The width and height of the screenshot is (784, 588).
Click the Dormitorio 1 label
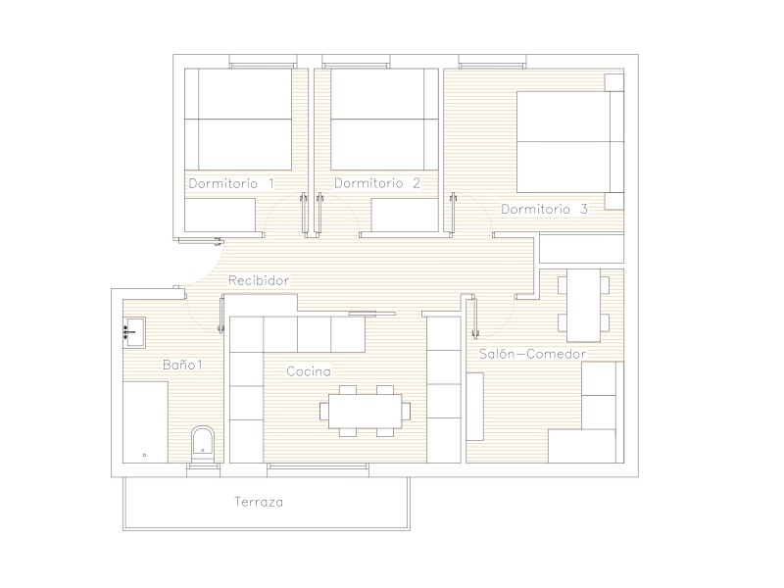tap(231, 183)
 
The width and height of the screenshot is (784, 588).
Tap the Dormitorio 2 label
tap(377, 183)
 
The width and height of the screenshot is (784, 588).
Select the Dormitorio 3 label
tap(545, 209)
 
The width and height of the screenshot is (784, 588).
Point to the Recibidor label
tap(259, 280)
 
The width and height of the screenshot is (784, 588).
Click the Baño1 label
tap(182, 365)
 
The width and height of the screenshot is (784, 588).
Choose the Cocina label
tap(309, 371)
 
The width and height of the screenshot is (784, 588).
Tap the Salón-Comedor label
tap(532, 354)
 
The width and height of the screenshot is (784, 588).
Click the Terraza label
tap(259, 502)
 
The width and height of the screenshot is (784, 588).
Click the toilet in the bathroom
tap(203, 444)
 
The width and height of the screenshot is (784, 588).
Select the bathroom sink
tap(134, 332)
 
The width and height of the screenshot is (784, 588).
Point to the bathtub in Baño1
tap(145, 422)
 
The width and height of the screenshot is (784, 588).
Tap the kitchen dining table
tap(365, 411)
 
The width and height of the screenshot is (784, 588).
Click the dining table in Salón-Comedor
tap(583, 306)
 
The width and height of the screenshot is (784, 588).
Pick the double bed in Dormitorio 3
tap(570, 142)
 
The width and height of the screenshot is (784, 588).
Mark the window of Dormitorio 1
tap(262, 65)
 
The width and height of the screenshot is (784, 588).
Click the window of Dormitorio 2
tap(356, 65)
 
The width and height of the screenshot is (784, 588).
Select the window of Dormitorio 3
tap(493, 65)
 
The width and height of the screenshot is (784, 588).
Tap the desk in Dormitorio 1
tap(220, 215)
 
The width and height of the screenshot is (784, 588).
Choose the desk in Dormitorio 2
tap(405, 215)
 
